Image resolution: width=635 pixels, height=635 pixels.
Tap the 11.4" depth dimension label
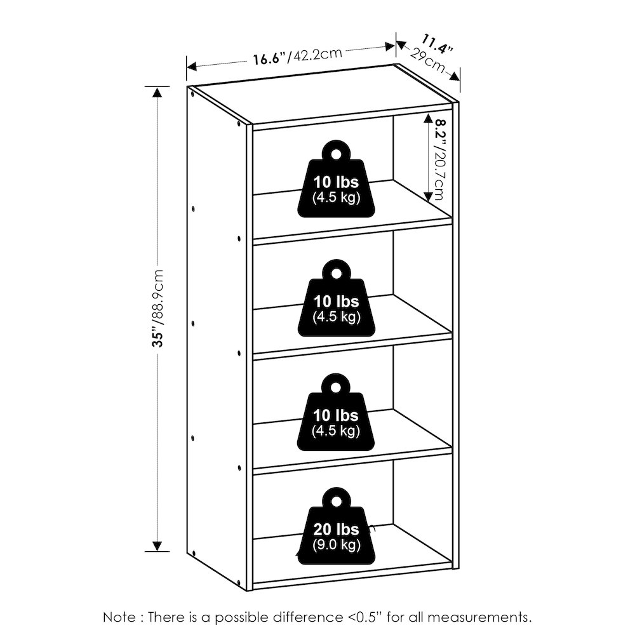pos(438,43)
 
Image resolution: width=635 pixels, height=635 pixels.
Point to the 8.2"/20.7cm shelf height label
pos(438,159)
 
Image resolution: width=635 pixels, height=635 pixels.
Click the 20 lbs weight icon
pos(336,526)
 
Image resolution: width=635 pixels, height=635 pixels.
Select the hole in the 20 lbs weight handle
pos(336,502)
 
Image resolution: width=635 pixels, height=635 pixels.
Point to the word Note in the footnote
pos(119,617)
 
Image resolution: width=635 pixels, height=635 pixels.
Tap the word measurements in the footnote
pos(479,618)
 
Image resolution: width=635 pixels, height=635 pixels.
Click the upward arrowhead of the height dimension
pos(157,92)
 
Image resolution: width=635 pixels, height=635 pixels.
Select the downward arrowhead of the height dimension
pos(157,546)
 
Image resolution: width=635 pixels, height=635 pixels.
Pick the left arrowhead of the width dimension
pos(192,67)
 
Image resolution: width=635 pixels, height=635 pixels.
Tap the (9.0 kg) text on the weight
pos(336,545)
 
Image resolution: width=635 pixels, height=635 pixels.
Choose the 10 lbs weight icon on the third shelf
pos(336,412)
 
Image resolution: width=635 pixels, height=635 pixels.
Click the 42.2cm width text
pos(317,54)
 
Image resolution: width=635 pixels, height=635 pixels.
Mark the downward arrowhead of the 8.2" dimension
pos(427,196)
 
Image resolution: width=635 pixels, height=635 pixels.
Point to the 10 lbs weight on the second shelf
pos(336,298)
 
